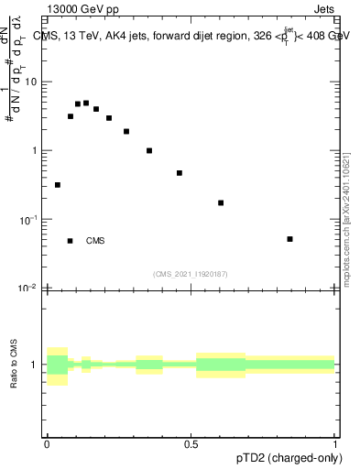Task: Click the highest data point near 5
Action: point(86,103)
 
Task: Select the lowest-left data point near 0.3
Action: point(58,185)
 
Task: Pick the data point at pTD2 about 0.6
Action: point(221,202)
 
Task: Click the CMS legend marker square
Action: point(70,241)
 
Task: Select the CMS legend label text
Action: point(95,241)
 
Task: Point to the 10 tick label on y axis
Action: point(30,82)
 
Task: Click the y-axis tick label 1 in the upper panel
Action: point(34,150)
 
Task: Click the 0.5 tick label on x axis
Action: point(191,443)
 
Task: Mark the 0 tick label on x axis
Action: point(47,443)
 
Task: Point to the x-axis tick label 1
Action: point(334,443)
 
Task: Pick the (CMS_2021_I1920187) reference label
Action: point(190,274)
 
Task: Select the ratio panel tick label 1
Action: point(34,365)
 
